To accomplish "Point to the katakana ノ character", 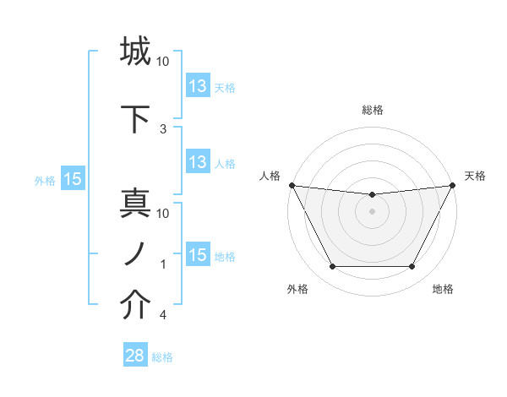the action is [135, 253].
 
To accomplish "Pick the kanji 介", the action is [135, 306].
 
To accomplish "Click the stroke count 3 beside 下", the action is [163, 128].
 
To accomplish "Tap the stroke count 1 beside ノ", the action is [163, 264].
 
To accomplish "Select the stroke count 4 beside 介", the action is [163, 316].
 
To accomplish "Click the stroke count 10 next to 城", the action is [163, 62].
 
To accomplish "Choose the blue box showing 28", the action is [135, 356].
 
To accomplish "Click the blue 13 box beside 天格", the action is [198, 86].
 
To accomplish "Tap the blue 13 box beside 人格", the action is [198, 162].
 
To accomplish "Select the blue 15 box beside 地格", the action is [198, 255].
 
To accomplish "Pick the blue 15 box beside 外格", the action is [73, 179].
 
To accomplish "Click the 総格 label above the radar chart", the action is [373, 110].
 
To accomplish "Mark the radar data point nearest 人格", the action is [292, 185].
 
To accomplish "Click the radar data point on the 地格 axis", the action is [412, 267].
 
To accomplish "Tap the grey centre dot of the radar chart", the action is [372, 211].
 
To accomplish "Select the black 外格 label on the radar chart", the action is [297, 290].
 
